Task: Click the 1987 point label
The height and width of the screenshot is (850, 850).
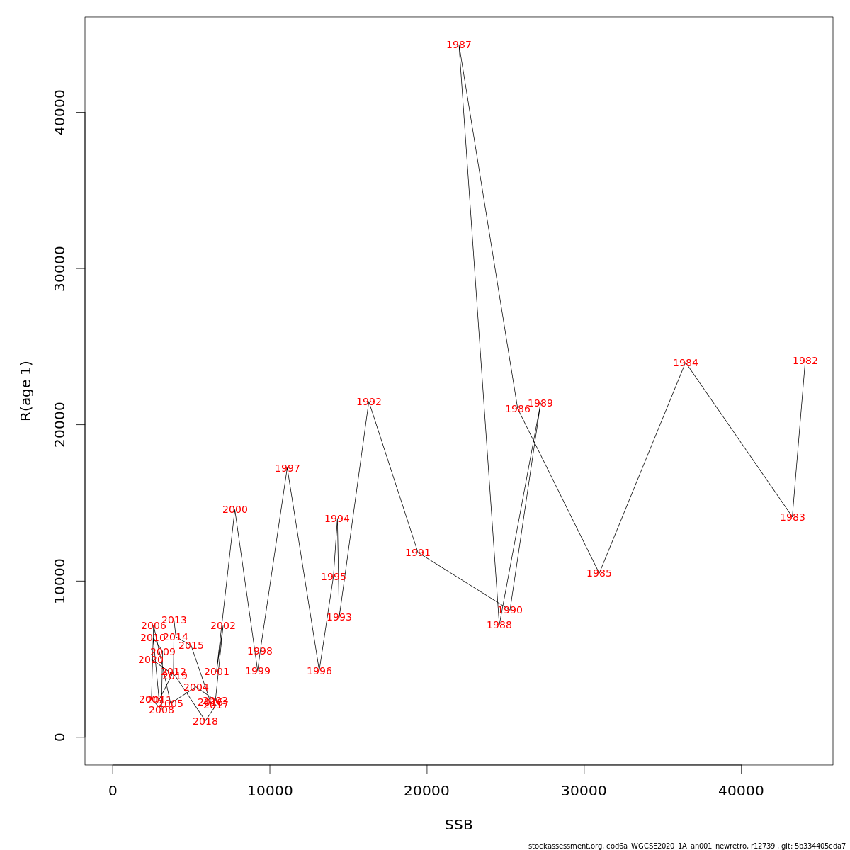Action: click(x=459, y=45)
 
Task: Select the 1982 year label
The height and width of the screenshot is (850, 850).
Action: click(x=805, y=361)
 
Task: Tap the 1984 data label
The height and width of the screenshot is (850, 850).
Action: click(x=686, y=363)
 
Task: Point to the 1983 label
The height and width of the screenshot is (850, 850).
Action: click(x=793, y=518)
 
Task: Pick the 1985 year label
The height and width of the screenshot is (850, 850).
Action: click(x=599, y=574)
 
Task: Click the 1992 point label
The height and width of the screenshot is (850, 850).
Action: click(x=369, y=402)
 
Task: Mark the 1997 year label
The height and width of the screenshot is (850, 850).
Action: click(x=288, y=469)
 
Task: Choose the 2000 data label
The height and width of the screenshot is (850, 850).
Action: click(x=235, y=510)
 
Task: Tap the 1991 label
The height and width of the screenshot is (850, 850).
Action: click(x=418, y=553)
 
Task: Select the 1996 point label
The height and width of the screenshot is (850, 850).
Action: click(x=319, y=671)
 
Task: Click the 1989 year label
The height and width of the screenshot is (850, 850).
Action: click(x=540, y=404)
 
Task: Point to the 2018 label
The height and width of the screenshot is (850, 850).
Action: click(x=205, y=722)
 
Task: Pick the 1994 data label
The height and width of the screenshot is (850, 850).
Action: click(x=337, y=519)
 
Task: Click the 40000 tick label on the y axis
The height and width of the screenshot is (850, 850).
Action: click(x=60, y=112)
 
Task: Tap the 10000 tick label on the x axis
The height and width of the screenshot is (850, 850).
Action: click(x=270, y=791)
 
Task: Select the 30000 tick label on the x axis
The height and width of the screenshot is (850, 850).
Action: click(x=584, y=791)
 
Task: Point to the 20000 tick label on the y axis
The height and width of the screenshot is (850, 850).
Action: click(x=60, y=424)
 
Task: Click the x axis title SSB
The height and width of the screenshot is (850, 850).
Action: click(x=459, y=825)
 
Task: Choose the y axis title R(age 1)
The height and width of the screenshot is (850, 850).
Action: click(x=26, y=391)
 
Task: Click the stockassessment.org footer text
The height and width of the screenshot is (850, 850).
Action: click(x=687, y=846)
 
